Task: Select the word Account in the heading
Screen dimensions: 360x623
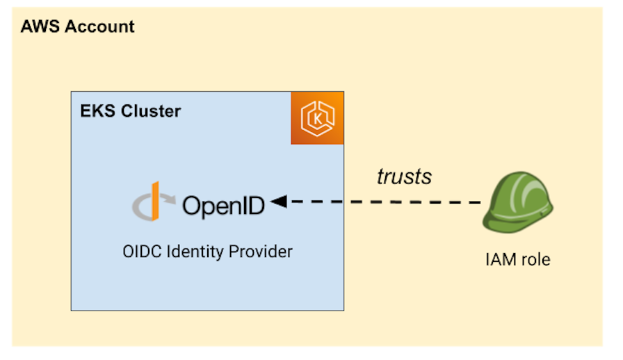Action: [99, 27]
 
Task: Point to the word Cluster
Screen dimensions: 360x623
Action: [150, 111]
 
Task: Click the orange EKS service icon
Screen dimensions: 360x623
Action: [317, 117]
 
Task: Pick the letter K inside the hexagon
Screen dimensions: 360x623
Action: [317, 118]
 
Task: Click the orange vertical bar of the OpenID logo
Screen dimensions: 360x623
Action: [156, 202]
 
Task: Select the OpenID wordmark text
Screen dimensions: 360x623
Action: [223, 205]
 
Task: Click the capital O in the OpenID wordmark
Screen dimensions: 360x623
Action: [193, 205]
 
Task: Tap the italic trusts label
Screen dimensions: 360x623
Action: [404, 177]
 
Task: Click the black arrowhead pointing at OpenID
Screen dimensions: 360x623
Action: [279, 202]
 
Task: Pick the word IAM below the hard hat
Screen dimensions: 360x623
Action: [500, 260]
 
